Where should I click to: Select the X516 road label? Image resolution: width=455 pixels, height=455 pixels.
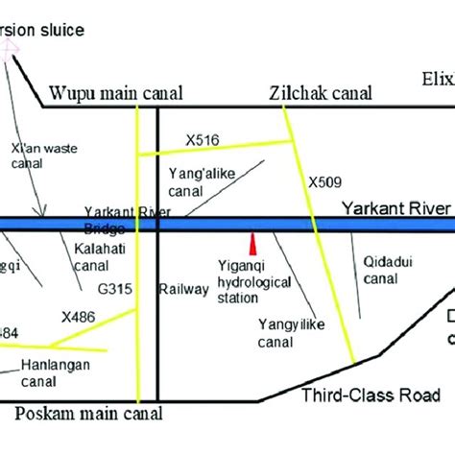(204, 141)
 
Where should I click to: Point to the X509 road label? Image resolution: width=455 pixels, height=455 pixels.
(325, 180)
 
